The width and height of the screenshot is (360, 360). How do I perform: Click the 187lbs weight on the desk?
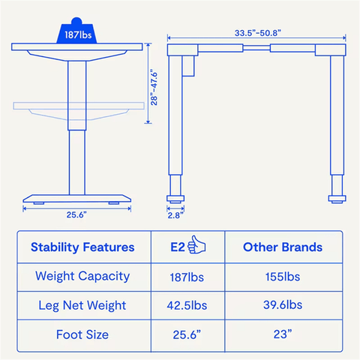point(76,31)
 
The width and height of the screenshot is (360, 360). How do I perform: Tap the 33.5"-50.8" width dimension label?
point(258,33)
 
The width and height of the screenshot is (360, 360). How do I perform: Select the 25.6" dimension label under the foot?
point(76,214)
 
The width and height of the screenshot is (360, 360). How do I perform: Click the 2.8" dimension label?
point(175,215)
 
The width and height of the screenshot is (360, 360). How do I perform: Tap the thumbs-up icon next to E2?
point(196,244)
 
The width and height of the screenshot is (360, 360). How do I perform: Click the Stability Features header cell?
point(82,247)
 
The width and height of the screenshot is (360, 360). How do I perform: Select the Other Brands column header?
point(283,247)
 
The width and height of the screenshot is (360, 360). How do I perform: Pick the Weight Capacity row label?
point(82,277)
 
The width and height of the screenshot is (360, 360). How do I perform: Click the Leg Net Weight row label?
point(82,305)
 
